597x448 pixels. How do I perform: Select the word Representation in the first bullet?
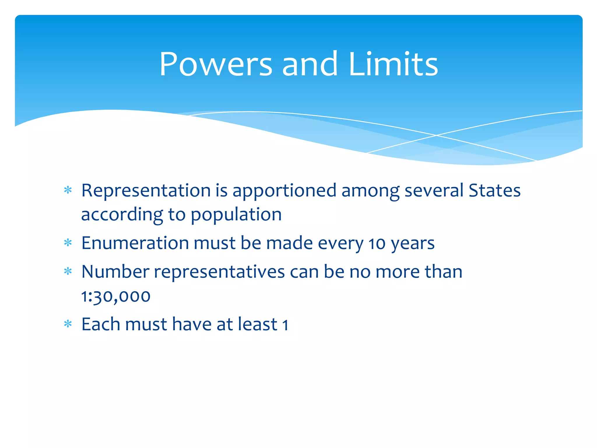click(146, 191)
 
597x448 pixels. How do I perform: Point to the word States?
click(494, 191)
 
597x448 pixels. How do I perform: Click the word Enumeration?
click(135, 243)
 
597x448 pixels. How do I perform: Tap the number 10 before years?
click(377, 244)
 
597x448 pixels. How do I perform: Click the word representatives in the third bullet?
click(219, 272)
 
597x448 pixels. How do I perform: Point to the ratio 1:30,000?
click(116, 296)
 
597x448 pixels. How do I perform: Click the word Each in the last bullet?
click(101, 324)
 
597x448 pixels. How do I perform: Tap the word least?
click(257, 324)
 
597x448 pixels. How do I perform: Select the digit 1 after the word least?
click(285, 325)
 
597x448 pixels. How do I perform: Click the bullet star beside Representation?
click(68, 190)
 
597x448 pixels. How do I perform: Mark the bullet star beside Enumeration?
click(68, 243)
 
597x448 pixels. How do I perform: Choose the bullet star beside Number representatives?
click(68, 272)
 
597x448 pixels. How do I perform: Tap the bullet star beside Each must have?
click(68, 324)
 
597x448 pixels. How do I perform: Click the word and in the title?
click(310, 64)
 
